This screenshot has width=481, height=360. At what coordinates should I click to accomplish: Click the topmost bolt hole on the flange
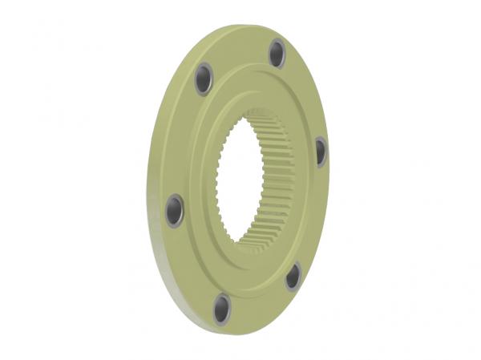tap(277, 53)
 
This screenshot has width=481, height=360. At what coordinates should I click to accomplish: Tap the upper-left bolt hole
tap(204, 79)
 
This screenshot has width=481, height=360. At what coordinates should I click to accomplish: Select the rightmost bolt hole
tap(321, 151)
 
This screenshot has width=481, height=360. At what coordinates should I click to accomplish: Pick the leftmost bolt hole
tap(175, 210)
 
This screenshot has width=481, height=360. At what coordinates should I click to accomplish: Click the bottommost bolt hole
tap(222, 308)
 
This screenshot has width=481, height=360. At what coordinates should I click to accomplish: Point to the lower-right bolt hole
tap(293, 276)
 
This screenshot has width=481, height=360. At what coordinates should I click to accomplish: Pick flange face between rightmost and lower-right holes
tap(313, 216)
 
